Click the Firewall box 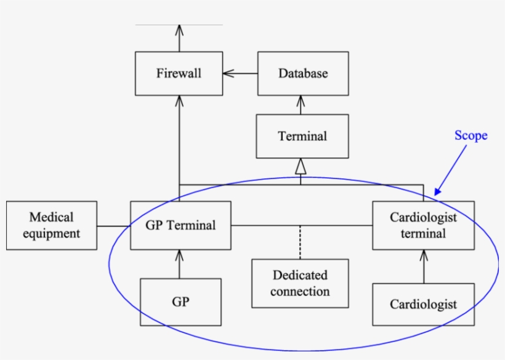(x=179, y=74)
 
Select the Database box (x=302, y=74)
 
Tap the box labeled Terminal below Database (x=302, y=136)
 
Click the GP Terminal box (x=180, y=225)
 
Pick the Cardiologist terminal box (x=423, y=225)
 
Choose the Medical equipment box (x=52, y=225)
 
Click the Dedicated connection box (x=300, y=283)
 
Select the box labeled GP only (x=180, y=302)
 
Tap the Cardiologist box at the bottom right (x=423, y=304)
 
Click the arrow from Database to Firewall (x=240, y=74)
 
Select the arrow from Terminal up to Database (x=301, y=105)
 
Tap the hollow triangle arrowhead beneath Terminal (x=301, y=166)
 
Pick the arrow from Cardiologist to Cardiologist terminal (x=423, y=266)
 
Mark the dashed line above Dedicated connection (x=300, y=242)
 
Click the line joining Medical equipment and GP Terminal (x=113, y=226)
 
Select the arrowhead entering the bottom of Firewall (x=179, y=100)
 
